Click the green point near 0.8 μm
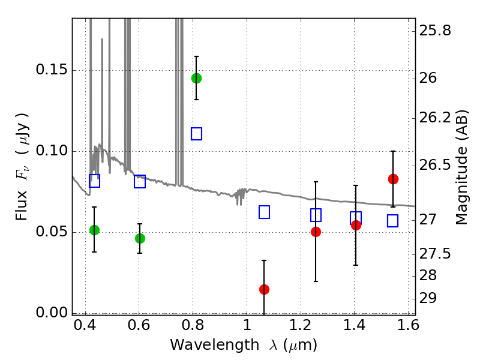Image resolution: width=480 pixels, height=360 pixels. tap(196, 78)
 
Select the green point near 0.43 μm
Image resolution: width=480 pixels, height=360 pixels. tap(94, 230)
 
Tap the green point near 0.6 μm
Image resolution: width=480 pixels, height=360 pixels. tap(140, 238)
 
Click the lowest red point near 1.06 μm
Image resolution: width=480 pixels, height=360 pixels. tap(264, 289)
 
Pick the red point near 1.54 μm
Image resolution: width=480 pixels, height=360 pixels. tap(393, 179)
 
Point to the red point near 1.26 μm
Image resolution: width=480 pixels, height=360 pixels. tap(316, 232)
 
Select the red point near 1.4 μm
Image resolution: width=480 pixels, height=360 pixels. tap(356, 225)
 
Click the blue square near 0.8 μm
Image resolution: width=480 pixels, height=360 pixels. tap(196, 134)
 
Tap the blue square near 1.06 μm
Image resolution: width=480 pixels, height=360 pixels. tap(264, 212)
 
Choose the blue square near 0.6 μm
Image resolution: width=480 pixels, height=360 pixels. tap(140, 181)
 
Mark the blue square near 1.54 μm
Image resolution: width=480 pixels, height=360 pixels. tap(393, 221)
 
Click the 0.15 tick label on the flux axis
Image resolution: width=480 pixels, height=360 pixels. tap(51, 70)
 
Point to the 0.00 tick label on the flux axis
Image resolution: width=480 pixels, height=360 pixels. tap(51, 313)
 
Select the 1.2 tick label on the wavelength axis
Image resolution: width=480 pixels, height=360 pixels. tap(300, 328)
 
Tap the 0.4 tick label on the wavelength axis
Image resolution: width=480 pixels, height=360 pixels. tap(85, 328)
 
